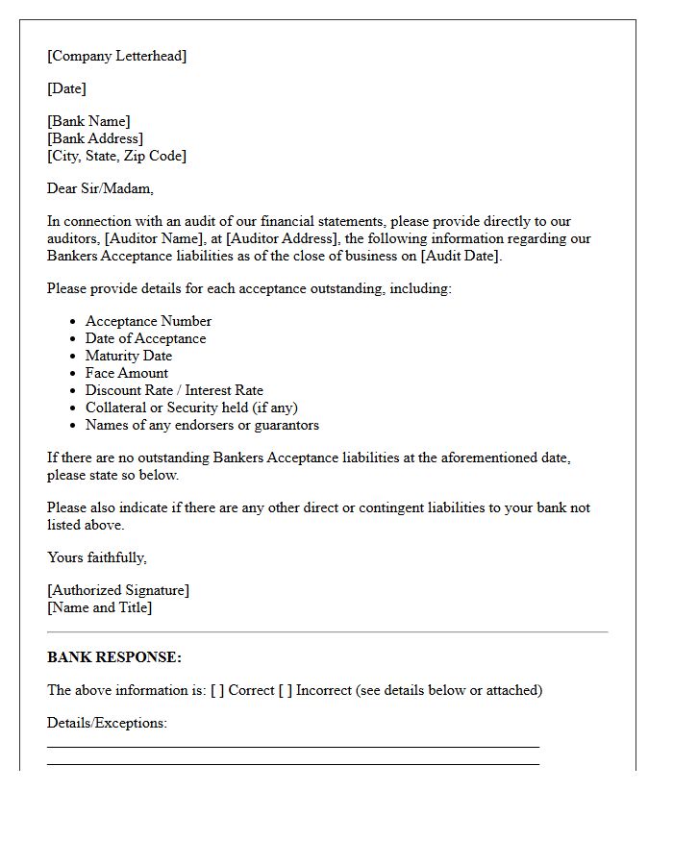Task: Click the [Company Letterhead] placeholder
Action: click(x=116, y=56)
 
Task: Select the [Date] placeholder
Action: click(x=66, y=88)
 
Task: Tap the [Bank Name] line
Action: click(x=88, y=121)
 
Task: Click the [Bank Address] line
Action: click(x=95, y=138)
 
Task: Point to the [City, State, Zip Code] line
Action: click(x=116, y=156)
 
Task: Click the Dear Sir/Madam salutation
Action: click(x=100, y=188)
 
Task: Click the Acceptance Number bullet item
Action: click(x=148, y=321)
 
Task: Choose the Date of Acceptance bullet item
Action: click(x=145, y=338)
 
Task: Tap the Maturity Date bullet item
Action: click(x=129, y=356)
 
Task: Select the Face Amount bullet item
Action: click(x=126, y=373)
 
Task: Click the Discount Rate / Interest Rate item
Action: click(x=174, y=390)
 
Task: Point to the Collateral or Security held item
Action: click(x=191, y=408)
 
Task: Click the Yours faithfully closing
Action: click(x=96, y=557)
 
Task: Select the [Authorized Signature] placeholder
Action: click(x=118, y=590)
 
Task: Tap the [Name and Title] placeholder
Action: click(x=99, y=607)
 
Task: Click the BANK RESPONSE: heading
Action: click(x=113, y=657)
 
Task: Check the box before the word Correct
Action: click(x=217, y=690)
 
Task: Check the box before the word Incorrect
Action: click(x=285, y=690)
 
